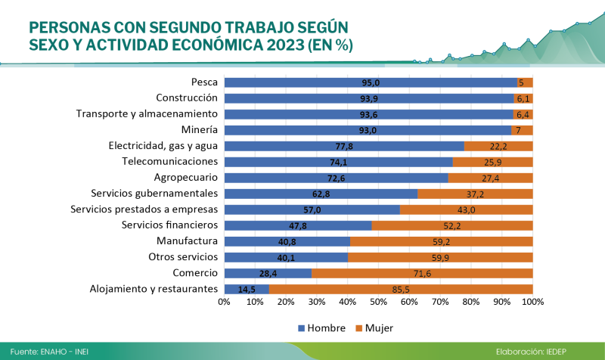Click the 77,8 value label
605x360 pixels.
pyautogui.click(x=345, y=146)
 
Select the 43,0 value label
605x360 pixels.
pyautogui.click(x=466, y=209)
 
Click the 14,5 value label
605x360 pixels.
pyautogui.click(x=247, y=289)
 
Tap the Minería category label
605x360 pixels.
pyautogui.click(x=200, y=129)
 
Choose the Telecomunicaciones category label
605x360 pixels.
pyautogui.click(x=170, y=161)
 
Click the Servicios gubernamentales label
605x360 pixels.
pyautogui.click(x=154, y=193)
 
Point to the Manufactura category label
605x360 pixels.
pyautogui.click(x=188, y=241)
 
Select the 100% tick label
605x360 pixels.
pyautogui.click(x=532, y=303)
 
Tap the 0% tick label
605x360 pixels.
pyautogui.click(x=224, y=303)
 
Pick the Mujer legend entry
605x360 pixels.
pyautogui.click(x=379, y=328)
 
